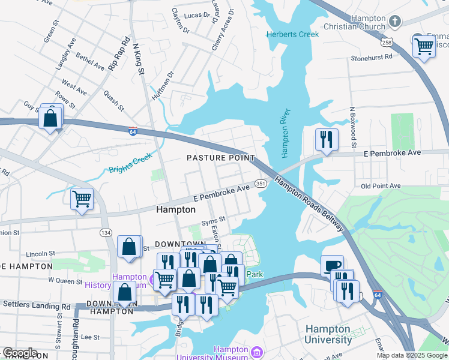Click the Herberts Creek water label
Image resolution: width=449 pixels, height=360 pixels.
[293, 34]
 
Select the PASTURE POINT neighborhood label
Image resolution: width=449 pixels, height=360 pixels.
[220, 158]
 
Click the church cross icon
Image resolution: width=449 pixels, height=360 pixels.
[394, 22]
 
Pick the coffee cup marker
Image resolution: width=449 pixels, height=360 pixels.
[332, 266]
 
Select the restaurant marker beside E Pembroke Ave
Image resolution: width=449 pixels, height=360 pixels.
[327, 140]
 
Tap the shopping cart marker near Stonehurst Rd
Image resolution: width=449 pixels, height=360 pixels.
[424, 46]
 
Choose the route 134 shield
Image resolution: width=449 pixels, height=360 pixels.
[106, 232]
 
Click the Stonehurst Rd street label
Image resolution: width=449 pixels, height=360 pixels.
[371, 58]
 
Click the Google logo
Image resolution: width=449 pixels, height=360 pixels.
[20, 352]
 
